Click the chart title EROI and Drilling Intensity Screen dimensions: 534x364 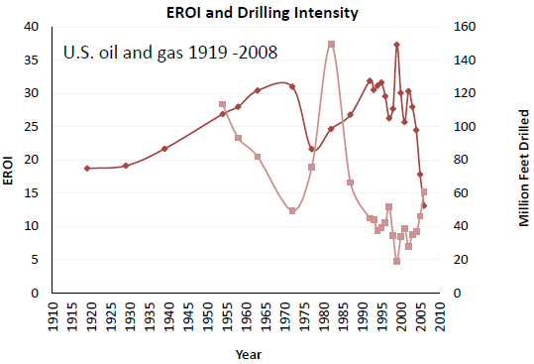[x=263, y=13]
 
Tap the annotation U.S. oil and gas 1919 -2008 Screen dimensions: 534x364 [x=170, y=53]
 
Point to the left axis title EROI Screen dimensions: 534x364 [x=8, y=171]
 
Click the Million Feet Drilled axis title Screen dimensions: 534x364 [x=524, y=168]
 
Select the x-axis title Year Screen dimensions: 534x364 [x=249, y=354]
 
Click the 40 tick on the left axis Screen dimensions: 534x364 [x=32, y=27]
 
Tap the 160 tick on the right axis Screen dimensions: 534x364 [x=465, y=27]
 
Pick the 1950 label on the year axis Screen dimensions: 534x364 [x=208, y=316]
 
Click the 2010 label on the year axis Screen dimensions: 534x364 [x=440, y=316]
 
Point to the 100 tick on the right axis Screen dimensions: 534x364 [x=465, y=127]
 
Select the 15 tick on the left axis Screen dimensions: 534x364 [x=32, y=193]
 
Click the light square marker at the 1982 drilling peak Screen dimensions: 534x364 [x=331, y=45]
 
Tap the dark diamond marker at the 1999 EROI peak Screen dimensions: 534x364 [x=396, y=45]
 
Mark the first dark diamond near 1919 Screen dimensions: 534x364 [x=87, y=169]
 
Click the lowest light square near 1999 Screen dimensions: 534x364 [x=396, y=261]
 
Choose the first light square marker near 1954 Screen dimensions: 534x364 [x=222, y=104]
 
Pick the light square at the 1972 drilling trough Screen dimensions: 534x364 [x=292, y=211]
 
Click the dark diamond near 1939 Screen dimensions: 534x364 [x=164, y=149]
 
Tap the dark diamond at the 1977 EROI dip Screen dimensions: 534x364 [x=312, y=149]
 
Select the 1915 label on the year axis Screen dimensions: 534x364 [x=72, y=316]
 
